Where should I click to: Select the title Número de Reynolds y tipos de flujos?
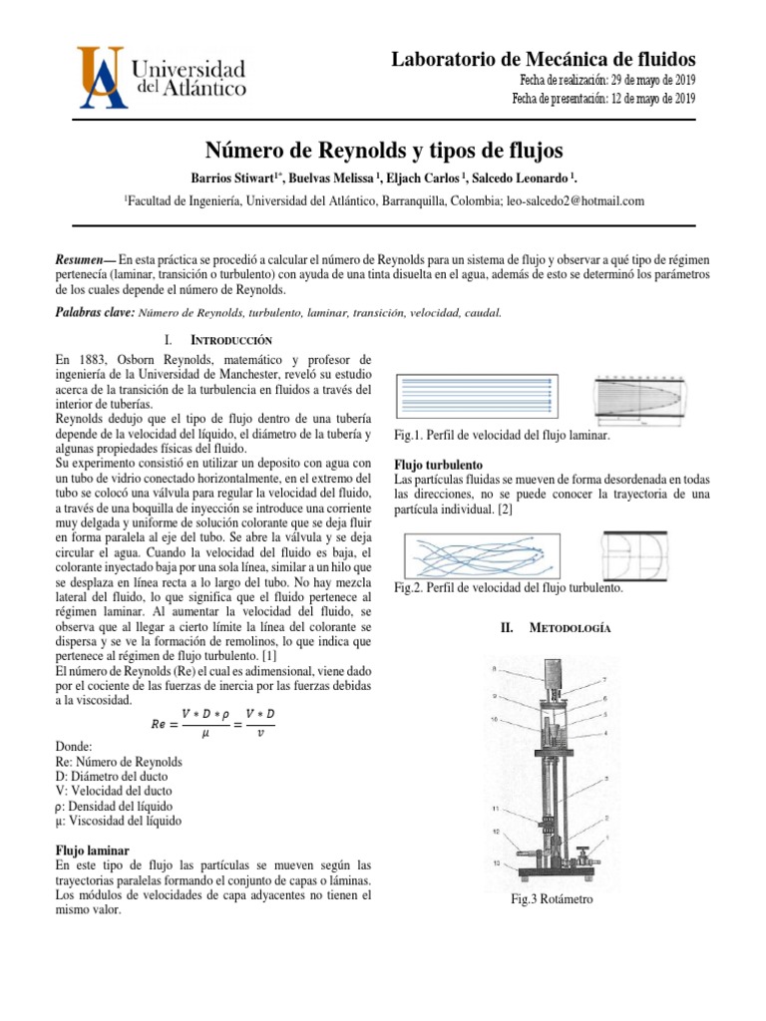pyautogui.click(x=384, y=151)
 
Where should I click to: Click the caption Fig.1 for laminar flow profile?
pyautogui.click(x=504, y=436)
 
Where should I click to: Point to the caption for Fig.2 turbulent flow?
pyautogui.click(x=509, y=588)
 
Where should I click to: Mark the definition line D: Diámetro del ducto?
pyautogui.click(x=113, y=776)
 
